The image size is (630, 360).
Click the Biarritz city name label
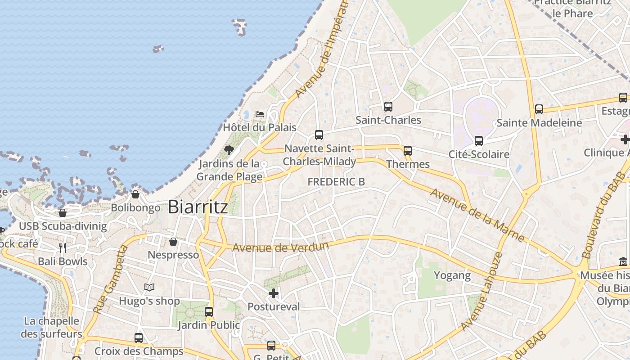tap(198, 207)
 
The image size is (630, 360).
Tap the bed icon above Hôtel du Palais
tap(260, 114)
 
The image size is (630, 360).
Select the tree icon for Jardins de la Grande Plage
tap(229, 150)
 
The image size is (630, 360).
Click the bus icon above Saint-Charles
tap(388, 107)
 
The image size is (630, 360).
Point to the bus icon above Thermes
tap(408, 151)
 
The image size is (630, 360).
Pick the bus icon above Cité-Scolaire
tap(479, 141)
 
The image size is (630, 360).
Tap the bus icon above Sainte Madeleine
tap(539, 109)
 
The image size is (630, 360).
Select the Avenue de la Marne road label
tap(477, 215)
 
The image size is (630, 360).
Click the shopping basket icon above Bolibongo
tap(135, 194)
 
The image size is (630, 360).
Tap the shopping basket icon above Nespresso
tap(173, 242)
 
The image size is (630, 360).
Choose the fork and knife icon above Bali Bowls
tap(63, 247)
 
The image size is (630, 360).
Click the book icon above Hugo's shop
tap(149, 287)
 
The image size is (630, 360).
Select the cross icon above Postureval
tap(273, 293)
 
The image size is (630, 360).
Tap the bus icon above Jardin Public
tap(209, 311)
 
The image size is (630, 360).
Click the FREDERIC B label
tap(336, 182)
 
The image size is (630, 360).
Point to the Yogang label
tap(452, 275)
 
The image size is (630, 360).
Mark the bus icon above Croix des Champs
tap(139, 337)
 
